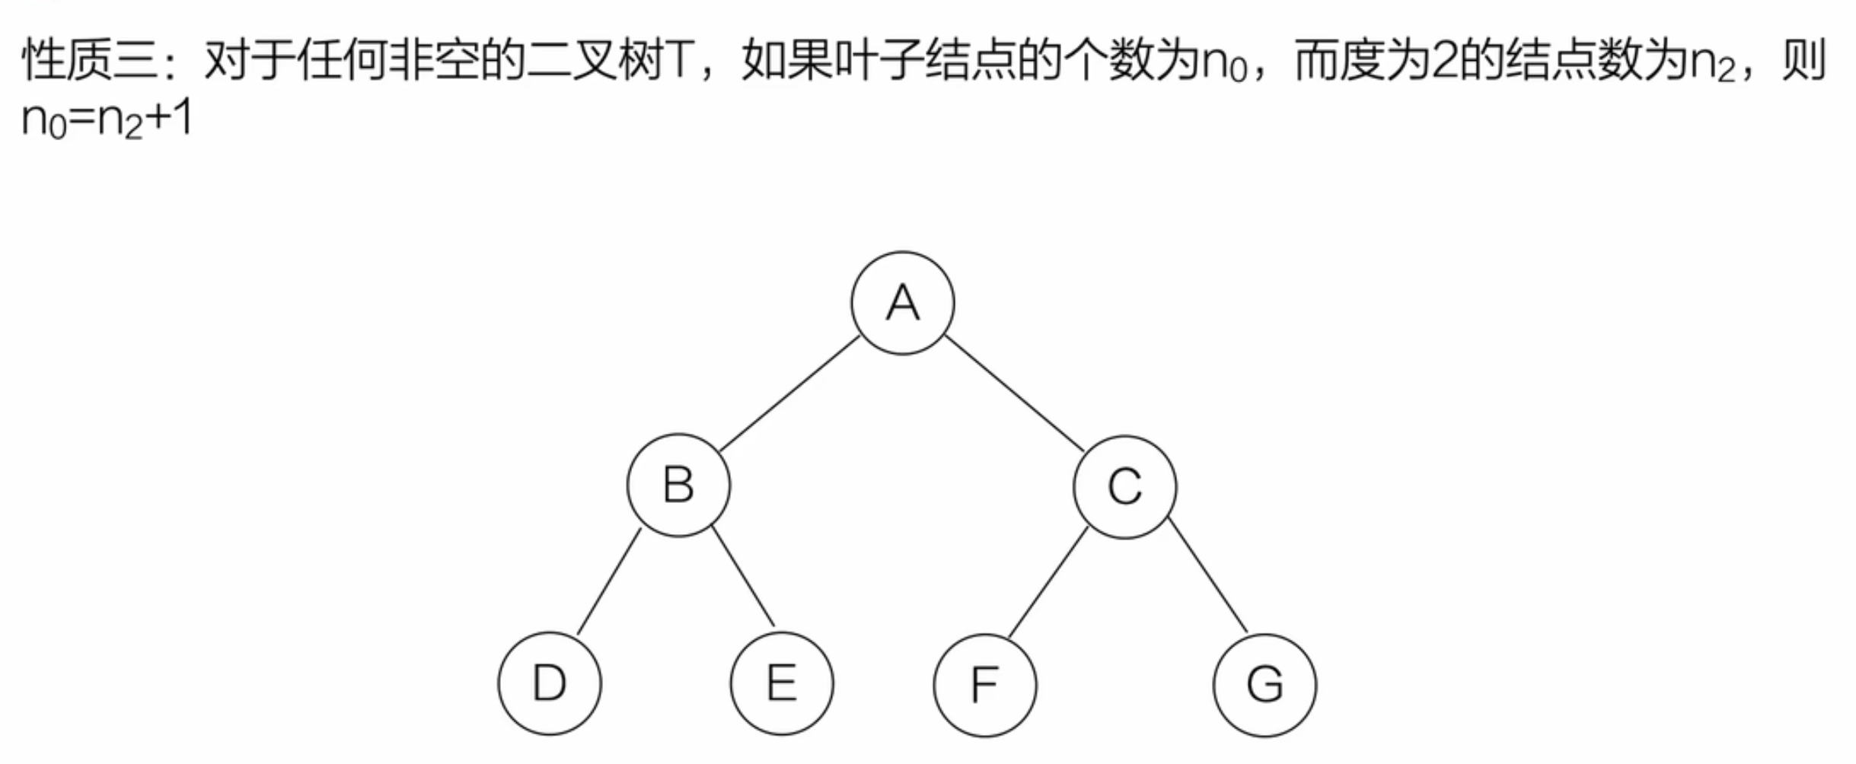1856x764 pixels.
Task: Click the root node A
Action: click(x=902, y=303)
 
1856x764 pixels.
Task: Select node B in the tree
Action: click(x=678, y=485)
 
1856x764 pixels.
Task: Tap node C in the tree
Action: click(x=1124, y=486)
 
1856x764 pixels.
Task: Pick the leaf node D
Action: click(x=550, y=683)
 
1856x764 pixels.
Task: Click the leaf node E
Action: click(x=782, y=683)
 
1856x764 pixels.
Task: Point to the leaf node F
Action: click(x=984, y=684)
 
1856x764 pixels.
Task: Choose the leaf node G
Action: click(x=1264, y=684)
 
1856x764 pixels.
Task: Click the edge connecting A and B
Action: click(x=789, y=394)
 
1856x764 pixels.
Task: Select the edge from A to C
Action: click(x=1014, y=394)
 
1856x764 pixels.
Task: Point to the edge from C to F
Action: click(x=1048, y=581)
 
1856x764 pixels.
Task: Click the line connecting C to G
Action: click(x=1208, y=575)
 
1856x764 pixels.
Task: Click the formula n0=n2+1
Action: click(x=107, y=120)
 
